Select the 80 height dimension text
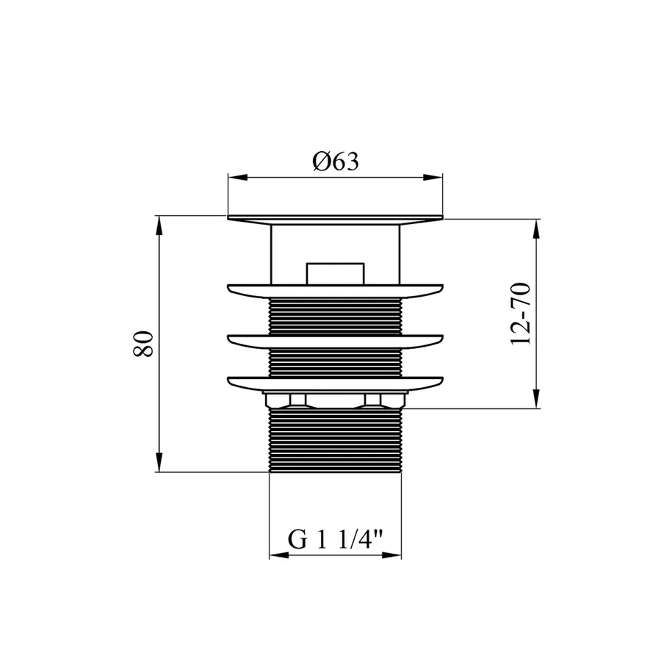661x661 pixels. tap(144, 344)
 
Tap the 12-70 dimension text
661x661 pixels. tap(521, 314)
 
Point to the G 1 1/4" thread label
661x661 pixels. tap(336, 540)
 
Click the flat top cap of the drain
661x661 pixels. tap(336, 219)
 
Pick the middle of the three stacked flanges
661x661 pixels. tap(336, 340)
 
